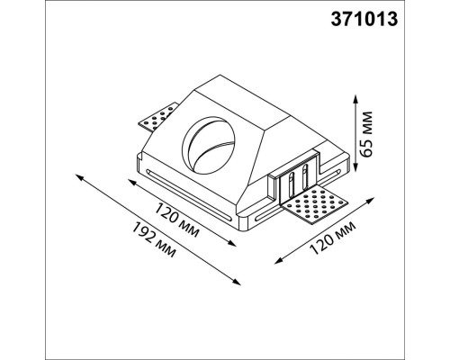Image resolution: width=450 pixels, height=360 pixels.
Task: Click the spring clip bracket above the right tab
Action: (298, 181)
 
